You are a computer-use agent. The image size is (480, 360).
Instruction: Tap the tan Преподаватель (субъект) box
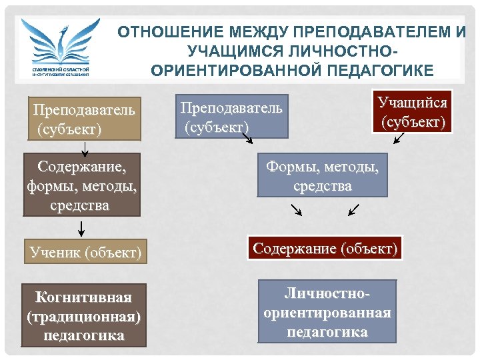tap(85, 119)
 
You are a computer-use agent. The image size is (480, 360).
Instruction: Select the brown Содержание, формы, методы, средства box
tap(81, 185)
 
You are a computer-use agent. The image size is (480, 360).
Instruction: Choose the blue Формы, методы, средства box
tap(322, 175)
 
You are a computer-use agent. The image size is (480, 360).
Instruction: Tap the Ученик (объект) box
tap(85, 252)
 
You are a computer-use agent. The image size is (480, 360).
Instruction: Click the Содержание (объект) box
tap(325, 249)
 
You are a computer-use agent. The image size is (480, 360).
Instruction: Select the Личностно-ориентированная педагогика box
tap(327, 311)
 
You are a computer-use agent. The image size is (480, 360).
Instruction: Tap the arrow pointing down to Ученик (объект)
tap(82, 228)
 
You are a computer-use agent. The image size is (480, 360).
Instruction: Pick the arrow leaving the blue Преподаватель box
tap(245, 137)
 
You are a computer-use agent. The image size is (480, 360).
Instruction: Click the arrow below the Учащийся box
tap(399, 138)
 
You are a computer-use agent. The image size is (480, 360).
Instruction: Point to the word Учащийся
tap(412, 103)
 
